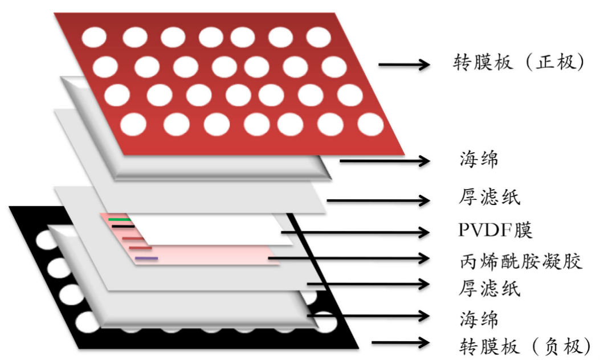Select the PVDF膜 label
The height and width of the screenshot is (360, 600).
495,231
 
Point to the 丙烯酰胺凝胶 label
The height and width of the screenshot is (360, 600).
520,261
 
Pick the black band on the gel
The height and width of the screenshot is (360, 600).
123,226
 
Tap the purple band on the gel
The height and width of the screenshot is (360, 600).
146,259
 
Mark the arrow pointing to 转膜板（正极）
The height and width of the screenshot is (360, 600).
404,64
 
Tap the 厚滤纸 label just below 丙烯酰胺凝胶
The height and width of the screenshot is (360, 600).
489,288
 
